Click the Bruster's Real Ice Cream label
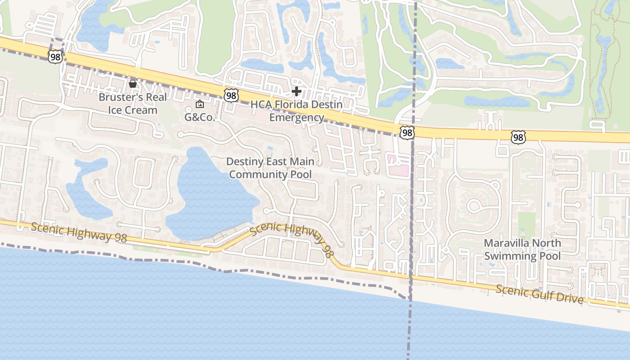133,103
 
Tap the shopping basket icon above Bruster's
133,84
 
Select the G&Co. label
199,117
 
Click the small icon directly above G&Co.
199,104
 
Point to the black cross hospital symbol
296,92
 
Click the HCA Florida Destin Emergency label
297,111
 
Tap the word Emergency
297,118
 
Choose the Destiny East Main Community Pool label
270,168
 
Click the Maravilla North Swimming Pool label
522,250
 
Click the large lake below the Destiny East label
211,198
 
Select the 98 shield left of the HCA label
231,95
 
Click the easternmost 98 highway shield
518,137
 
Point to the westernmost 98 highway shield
55,57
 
